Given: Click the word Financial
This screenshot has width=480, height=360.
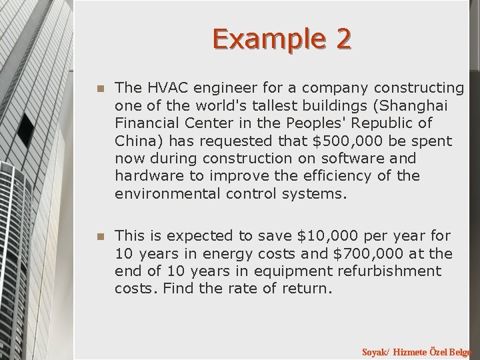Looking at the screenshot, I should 148,124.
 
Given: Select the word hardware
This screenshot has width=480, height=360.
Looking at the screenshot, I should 145,177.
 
